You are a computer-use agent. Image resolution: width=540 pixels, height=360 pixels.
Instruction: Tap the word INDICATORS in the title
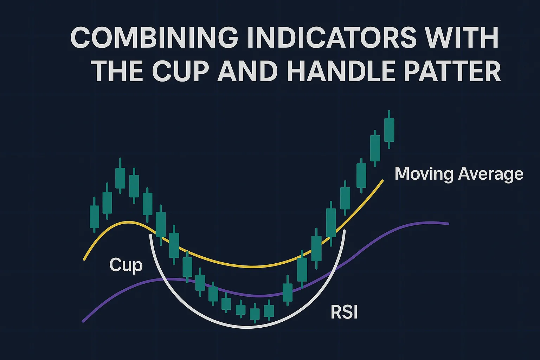[x=334, y=38]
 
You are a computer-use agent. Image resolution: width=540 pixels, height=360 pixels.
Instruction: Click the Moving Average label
[x=459, y=174]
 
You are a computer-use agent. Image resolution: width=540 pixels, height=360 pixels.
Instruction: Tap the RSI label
[x=344, y=312]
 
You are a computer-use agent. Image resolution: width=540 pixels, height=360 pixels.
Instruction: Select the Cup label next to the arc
[x=126, y=265]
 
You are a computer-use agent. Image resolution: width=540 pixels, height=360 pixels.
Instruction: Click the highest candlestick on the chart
[x=389, y=129]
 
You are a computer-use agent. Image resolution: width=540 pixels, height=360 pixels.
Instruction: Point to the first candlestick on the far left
[x=94, y=215]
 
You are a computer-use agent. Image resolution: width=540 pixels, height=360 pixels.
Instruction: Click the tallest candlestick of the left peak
[x=120, y=175]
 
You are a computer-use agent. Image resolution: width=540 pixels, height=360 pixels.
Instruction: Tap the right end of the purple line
[x=448, y=224]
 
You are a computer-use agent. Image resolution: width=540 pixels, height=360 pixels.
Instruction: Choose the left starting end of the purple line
[x=83, y=321]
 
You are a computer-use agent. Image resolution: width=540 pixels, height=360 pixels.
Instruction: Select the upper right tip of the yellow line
[x=382, y=180]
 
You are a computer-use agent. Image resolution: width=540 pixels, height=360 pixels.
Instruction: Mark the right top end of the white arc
[x=344, y=231]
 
